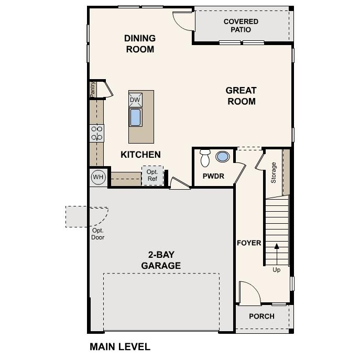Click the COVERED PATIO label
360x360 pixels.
click(x=241, y=26)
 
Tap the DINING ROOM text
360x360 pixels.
click(x=140, y=44)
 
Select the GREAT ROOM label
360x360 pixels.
click(x=241, y=96)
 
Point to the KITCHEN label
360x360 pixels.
click(x=140, y=155)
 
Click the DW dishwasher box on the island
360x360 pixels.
click(x=135, y=100)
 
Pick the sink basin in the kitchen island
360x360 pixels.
click(x=135, y=117)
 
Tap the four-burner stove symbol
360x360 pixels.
click(x=97, y=133)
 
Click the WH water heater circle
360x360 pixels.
click(x=98, y=177)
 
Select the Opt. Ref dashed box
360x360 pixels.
click(x=152, y=176)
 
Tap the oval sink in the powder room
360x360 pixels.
click(x=223, y=157)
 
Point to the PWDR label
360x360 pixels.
click(x=213, y=177)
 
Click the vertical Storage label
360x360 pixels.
click(x=273, y=173)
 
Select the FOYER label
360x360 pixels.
click(x=249, y=243)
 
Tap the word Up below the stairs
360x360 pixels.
click(x=276, y=270)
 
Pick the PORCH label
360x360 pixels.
click(x=261, y=316)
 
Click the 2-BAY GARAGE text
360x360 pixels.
click(x=161, y=260)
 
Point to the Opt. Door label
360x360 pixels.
click(x=98, y=234)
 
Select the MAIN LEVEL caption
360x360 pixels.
click(x=120, y=347)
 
